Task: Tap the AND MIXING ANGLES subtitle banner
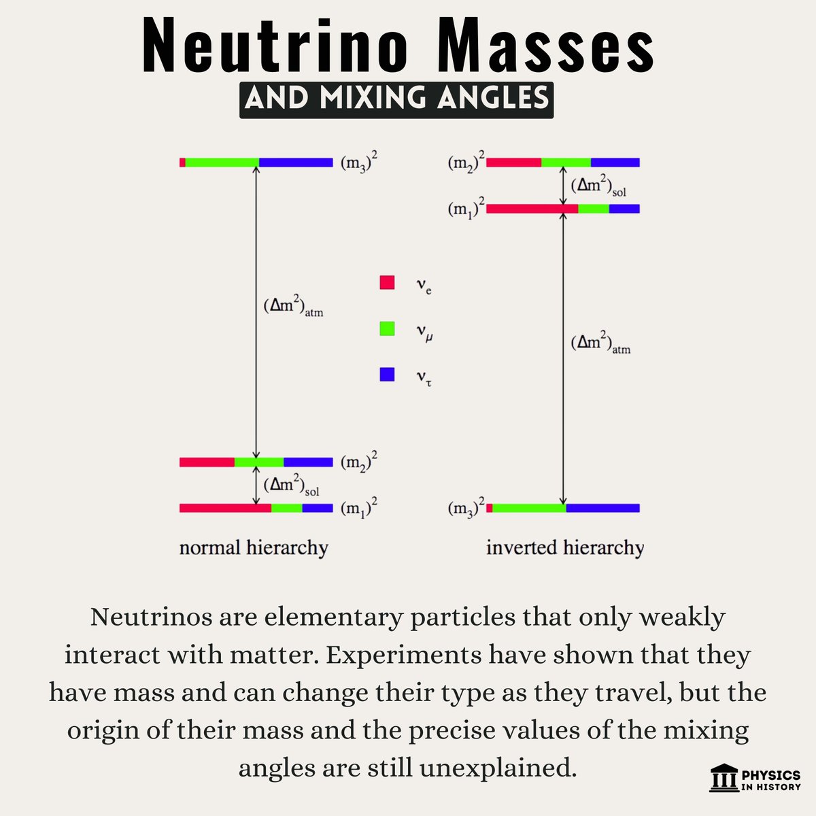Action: coord(396,99)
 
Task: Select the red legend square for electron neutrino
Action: coord(387,282)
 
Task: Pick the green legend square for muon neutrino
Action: coord(387,328)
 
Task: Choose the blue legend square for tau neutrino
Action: coord(387,374)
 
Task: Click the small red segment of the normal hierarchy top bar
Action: coord(182,163)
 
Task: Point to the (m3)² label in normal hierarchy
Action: coord(358,163)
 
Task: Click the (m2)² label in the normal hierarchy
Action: coord(358,463)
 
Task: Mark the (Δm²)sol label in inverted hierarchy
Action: coord(598,186)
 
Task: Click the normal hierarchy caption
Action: coord(254,547)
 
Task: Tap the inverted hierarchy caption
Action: coord(564,547)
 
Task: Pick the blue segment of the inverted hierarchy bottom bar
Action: coord(602,507)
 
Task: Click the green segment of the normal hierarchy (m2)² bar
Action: coord(259,462)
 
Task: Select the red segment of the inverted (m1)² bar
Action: coord(532,209)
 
